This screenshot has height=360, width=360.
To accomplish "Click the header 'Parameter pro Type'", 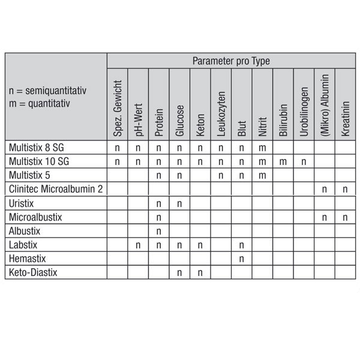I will pos(231,61).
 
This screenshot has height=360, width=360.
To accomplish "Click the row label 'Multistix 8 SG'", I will pos(37,147).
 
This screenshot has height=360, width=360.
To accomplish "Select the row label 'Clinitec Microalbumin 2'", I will pos(56,189).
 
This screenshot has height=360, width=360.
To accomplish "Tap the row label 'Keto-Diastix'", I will pos(34,272).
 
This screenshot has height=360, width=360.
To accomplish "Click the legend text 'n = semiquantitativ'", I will pos(49,91).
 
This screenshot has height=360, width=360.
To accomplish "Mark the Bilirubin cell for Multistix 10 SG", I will pos(283,161).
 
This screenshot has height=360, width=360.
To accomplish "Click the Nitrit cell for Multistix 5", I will pos(262,175).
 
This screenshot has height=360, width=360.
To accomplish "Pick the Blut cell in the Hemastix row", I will pos(242,259).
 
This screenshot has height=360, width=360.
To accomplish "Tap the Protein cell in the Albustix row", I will pos(158,231).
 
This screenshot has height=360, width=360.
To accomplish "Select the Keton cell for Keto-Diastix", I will pos(200,272).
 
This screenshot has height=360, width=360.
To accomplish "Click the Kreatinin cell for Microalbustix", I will pos(346,217).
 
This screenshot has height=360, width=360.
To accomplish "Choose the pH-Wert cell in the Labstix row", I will pos(138,245).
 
